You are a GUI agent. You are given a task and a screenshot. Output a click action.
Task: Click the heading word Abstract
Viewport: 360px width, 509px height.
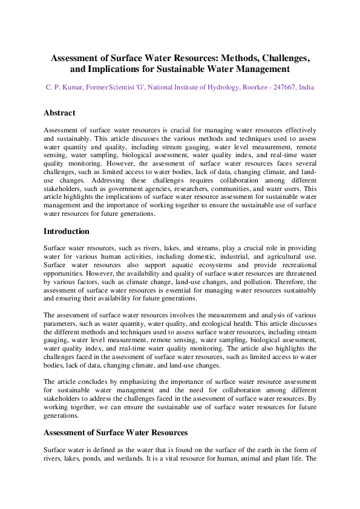(x=59, y=113)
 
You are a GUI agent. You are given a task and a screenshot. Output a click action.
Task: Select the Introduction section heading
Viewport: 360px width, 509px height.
(x=67, y=232)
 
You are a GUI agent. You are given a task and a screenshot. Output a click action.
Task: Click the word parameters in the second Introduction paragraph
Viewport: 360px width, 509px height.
(x=62, y=323)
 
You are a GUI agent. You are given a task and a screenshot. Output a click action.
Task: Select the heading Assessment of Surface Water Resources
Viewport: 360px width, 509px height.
(x=116, y=433)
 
